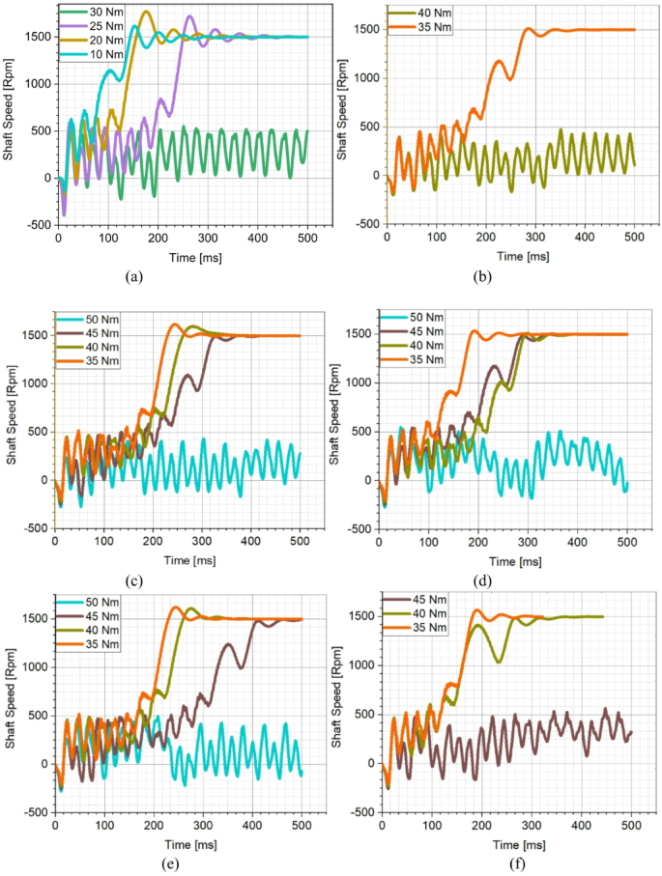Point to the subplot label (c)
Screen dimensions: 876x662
[134, 580]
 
